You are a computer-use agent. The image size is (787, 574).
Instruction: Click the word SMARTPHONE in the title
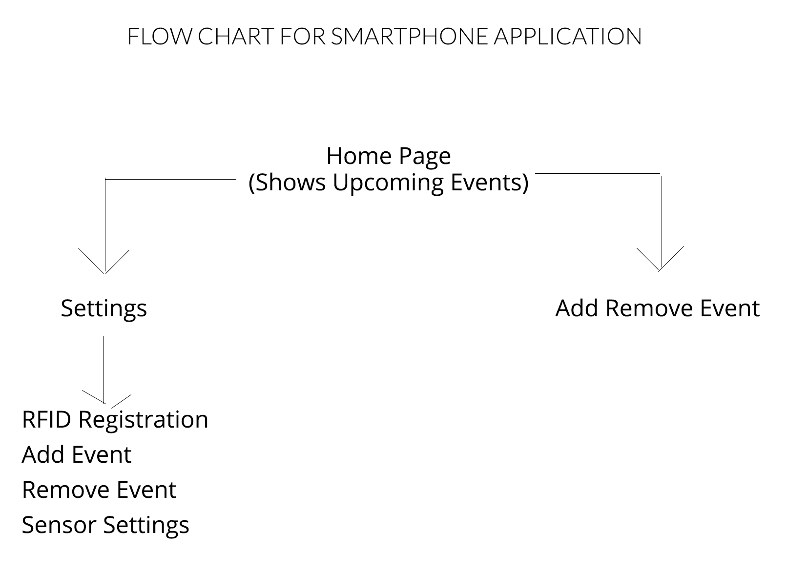tap(410, 36)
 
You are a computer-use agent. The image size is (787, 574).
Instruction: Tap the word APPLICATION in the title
tap(568, 36)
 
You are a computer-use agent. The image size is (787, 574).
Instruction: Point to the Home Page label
tap(389, 156)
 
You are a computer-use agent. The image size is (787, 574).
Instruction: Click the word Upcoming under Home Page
tap(388, 183)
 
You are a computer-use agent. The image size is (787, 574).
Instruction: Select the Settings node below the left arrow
tap(104, 309)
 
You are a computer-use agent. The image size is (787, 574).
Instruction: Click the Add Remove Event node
tap(658, 308)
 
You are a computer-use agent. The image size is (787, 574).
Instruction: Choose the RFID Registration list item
tap(115, 420)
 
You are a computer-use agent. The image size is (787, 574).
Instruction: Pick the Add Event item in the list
tap(77, 455)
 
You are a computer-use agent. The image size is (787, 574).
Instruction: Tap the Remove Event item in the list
tap(99, 490)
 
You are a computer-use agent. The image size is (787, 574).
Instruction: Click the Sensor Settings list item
tap(105, 526)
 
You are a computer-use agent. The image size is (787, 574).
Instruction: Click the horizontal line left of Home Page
tap(171, 180)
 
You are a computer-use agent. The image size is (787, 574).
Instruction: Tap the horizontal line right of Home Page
tap(598, 174)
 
